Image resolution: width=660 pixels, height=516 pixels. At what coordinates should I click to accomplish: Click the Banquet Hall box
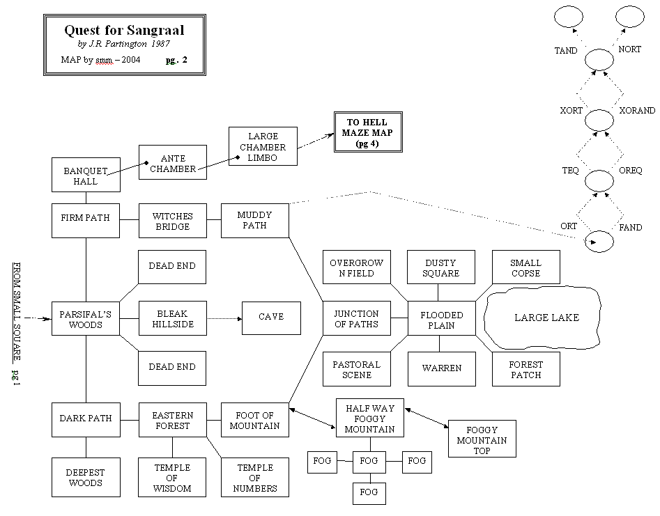click(86, 175)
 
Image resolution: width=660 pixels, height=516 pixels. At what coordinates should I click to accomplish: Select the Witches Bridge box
click(172, 221)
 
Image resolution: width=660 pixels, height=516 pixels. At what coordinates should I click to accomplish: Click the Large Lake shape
click(546, 318)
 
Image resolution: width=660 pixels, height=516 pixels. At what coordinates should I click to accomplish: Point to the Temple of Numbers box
click(254, 478)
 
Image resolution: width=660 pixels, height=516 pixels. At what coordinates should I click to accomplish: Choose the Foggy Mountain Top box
click(482, 438)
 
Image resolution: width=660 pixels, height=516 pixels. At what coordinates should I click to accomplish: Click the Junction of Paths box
click(355, 319)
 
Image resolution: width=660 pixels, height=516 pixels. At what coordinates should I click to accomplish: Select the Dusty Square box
click(440, 268)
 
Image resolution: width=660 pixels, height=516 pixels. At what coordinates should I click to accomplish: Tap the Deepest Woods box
click(86, 477)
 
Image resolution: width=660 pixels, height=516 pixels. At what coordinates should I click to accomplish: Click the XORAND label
click(637, 111)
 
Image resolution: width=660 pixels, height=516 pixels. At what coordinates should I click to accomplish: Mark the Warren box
click(440, 368)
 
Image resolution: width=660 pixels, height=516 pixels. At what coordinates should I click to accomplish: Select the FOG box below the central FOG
click(369, 492)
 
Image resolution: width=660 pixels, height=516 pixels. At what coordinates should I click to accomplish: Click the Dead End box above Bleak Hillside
click(172, 266)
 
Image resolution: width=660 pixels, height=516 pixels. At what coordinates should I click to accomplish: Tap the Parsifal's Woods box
click(86, 319)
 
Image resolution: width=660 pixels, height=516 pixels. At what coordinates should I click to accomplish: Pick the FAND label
click(630, 228)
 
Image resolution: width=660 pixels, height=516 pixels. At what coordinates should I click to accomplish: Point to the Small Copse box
click(526, 268)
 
